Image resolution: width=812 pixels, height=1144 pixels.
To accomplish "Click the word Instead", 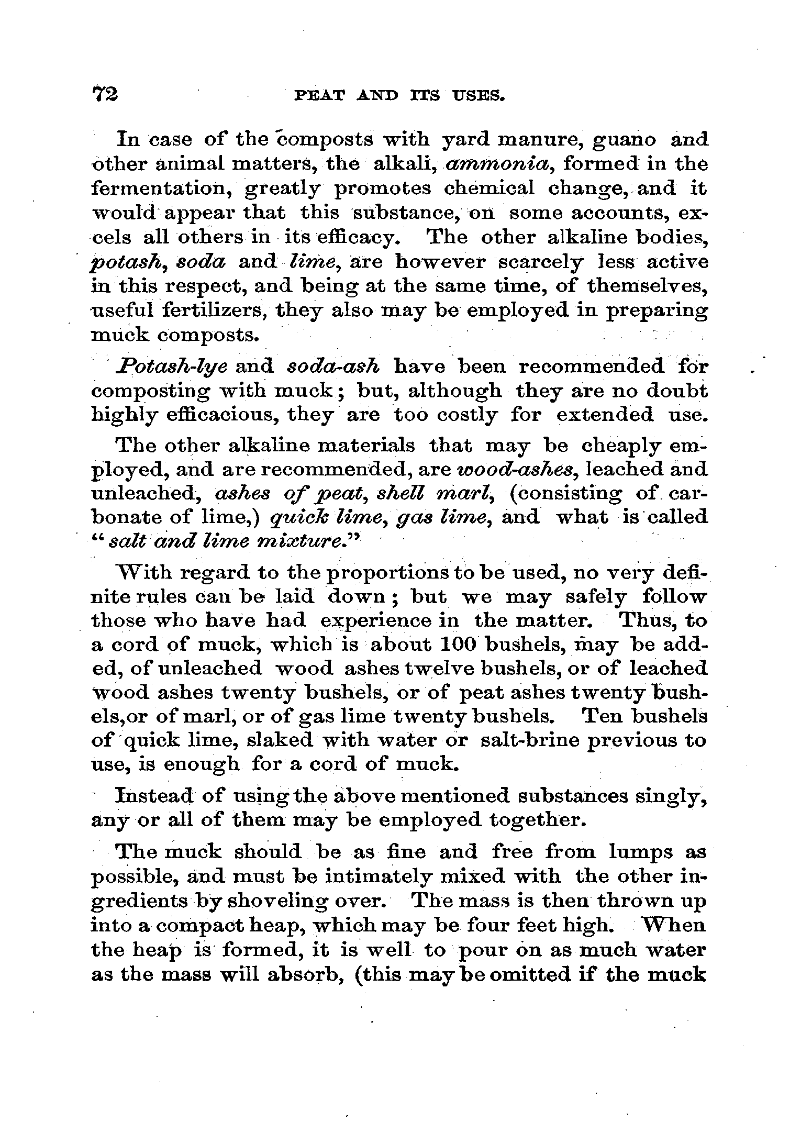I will point(151,796).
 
